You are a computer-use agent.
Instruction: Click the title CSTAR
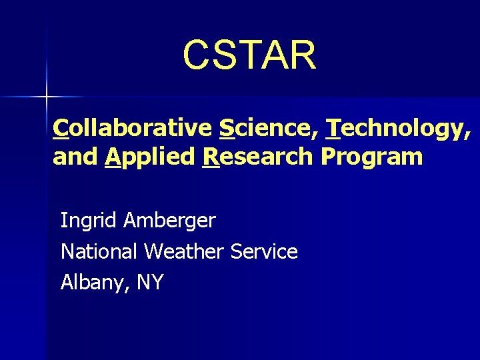pyautogui.click(x=249, y=55)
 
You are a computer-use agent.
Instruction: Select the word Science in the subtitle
pyautogui.click(x=265, y=127)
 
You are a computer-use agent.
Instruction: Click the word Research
pyautogui.click(x=257, y=157)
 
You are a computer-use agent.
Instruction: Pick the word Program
pyautogui.click(x=371, y=158)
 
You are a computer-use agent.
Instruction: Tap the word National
pyautogui.click(x=99, y=251)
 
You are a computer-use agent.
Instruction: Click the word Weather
pyautogui.click(x=184, y=251)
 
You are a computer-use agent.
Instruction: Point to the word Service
pyautogui.click(x=264, y=251)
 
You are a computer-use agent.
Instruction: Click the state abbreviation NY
pyautogui.click(x=149, y=282)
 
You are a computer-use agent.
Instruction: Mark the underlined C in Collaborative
pyautogui.click(x=61, y=127)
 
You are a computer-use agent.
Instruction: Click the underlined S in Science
pyautogui.click(x=226, y=127)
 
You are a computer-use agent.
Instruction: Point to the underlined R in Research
pyautogui.click(x=210, y=157)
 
